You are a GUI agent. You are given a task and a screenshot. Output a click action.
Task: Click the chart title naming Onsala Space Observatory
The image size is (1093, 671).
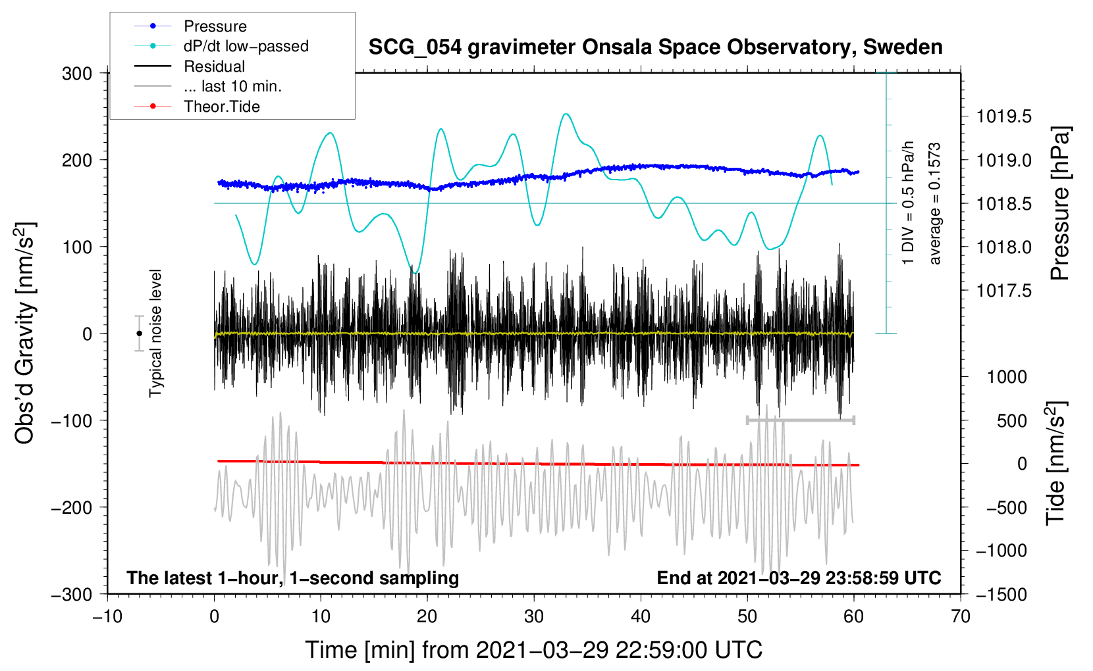click(x=655, y=47)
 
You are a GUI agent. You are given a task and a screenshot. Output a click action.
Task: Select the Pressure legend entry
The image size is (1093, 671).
click(x=215, y=26)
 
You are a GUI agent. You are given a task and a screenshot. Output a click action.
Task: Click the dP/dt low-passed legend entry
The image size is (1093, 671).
click(x=246, y=46)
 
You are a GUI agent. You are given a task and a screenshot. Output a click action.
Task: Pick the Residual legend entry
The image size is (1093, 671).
click(x=214, y=66)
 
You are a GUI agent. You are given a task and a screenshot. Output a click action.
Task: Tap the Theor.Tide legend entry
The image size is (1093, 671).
click(x=221, y=107)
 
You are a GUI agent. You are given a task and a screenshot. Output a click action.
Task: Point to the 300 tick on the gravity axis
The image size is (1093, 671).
click(x=77, y=74)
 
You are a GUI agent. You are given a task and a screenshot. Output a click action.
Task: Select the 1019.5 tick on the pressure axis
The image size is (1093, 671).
click(x=1003, y=117)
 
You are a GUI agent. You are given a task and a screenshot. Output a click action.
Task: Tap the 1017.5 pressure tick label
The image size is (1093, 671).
click(x=1003, y=291)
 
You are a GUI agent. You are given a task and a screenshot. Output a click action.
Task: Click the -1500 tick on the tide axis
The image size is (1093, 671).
click(x=1001, y=595)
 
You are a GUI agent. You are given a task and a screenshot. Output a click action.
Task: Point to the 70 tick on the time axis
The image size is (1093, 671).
click(x=961, y=617)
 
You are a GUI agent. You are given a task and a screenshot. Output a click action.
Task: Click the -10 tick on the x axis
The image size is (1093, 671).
click(x=107, y=617)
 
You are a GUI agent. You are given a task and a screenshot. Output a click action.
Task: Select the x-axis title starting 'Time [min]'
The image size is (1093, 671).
click(x=533, y=650)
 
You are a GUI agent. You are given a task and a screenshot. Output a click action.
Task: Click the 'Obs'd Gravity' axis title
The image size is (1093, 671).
click(x=25, y=333)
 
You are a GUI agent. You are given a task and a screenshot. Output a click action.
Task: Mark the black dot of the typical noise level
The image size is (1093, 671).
click(x=139, y=334)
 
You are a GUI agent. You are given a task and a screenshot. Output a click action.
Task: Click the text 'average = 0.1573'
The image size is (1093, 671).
click(x=935, y=203)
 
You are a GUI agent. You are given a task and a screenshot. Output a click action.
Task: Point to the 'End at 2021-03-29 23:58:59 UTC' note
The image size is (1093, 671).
click(x=799, y=578)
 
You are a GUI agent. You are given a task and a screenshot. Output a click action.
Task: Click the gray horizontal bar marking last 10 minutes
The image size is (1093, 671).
click(x=800, y=420)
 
